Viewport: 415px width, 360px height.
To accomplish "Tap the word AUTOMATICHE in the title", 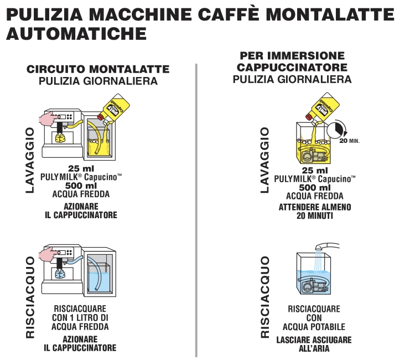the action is coord(76,33).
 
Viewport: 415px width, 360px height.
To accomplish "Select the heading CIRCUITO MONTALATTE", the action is coord(98,69).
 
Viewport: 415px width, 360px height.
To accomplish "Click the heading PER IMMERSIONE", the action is coord(292,55).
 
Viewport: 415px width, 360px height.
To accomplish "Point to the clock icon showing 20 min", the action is coord(336,129).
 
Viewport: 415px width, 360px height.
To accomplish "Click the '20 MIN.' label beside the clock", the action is coord(349,141).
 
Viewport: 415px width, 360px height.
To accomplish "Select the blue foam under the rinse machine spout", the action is coord(60,274).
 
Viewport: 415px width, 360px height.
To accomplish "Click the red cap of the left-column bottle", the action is coord(101,116).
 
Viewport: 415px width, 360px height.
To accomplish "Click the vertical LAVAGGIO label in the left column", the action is coord(30,160).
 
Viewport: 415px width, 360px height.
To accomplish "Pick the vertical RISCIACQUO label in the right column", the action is coord(265,297).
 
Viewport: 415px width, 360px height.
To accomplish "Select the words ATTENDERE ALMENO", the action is coord(315,207).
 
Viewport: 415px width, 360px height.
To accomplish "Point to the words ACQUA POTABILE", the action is coord(314,327).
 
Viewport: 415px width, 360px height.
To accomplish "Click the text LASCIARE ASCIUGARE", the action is coord(314,340).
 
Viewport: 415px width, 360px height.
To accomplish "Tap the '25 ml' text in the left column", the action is coord(81,168).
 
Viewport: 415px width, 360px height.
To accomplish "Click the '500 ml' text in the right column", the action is coord(315,188).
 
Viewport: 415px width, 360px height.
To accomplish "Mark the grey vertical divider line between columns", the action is coord(196,210).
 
